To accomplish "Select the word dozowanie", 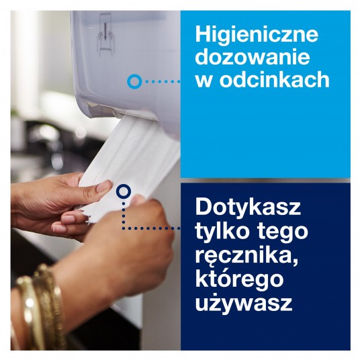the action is click(x=253, y=56).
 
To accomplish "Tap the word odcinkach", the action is click(x=274, y=80).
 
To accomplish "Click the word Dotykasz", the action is click(x=248, y=208).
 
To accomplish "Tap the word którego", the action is click(x=239, y=279).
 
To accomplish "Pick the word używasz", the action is click(x=244, y=303).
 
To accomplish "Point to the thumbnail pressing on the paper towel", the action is click(x=104, y=187).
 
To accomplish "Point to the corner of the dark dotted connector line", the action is click(x=124, y=228).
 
